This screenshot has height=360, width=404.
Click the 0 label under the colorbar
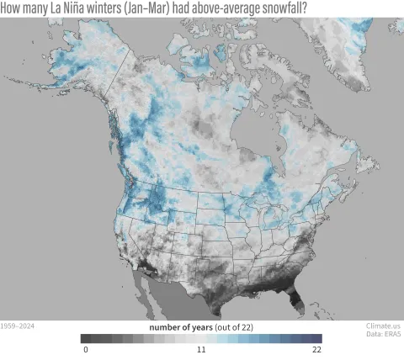coord(85,349)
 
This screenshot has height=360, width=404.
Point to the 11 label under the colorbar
coord(202,349)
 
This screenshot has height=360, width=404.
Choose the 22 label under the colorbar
coord(316,349)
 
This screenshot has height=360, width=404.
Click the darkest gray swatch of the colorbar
coord(87,338)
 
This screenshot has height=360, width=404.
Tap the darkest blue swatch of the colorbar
coord(317,338)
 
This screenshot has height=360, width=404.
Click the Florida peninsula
coord(291,296)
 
